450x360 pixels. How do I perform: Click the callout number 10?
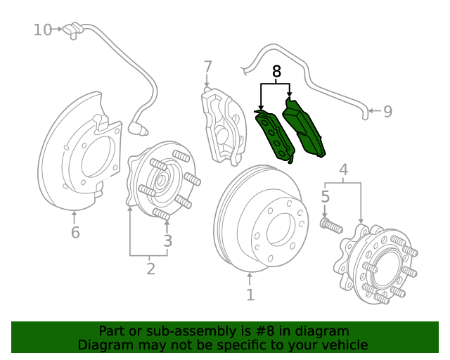pos(43,30)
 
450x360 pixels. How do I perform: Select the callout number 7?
pos(208,67)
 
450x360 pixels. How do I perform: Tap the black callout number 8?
pos(276,71)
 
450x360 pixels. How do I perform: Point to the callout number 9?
pos(387,111)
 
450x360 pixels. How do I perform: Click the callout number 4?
pos(344,169)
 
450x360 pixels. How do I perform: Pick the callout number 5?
pos(326,197)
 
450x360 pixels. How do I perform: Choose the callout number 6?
pos(75,233)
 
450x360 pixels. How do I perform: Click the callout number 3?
pos(167,241)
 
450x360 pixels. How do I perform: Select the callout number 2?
pos(150,268)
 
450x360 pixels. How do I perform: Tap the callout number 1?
pos(250,295)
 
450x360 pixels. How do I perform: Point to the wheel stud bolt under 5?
pos(330,226)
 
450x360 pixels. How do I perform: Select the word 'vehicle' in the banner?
pos(344,345)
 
